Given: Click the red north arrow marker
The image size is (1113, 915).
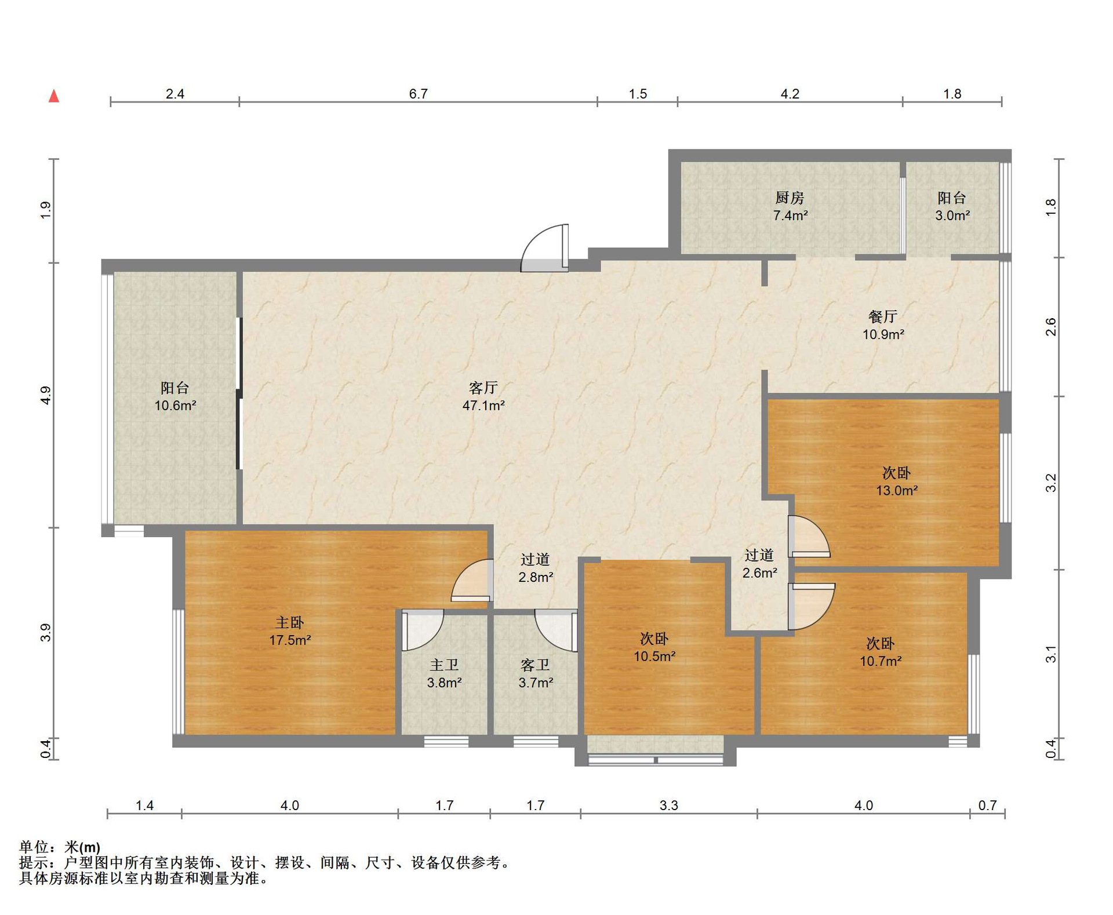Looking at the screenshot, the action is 54,96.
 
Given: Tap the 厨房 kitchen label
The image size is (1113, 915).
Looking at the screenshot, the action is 790,198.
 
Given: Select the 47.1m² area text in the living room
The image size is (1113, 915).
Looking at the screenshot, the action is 483,405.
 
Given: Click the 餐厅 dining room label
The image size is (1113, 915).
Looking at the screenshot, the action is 883,316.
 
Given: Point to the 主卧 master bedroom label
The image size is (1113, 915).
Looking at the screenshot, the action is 289,622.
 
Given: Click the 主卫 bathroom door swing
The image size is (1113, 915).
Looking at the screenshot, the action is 422,629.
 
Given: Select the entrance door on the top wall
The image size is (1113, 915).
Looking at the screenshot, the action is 545,247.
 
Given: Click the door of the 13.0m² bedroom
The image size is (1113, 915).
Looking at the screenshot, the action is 809,537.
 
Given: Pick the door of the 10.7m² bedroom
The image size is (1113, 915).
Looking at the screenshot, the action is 811,606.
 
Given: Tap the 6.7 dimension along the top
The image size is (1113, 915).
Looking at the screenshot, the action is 418,94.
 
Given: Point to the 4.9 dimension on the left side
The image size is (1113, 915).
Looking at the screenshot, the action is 46,395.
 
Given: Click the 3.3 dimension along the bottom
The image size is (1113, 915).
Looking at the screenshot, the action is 668,805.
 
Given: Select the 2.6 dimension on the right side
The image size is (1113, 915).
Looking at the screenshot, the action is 1051,327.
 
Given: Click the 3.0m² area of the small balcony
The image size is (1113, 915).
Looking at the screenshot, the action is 952,216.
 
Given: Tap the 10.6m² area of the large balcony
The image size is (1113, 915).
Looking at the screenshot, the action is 175,406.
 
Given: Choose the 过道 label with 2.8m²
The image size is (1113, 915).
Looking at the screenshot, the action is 534,559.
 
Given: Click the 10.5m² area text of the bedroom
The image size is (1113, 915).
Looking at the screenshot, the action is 654,656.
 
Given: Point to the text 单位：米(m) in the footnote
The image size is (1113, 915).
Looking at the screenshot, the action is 60,847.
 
